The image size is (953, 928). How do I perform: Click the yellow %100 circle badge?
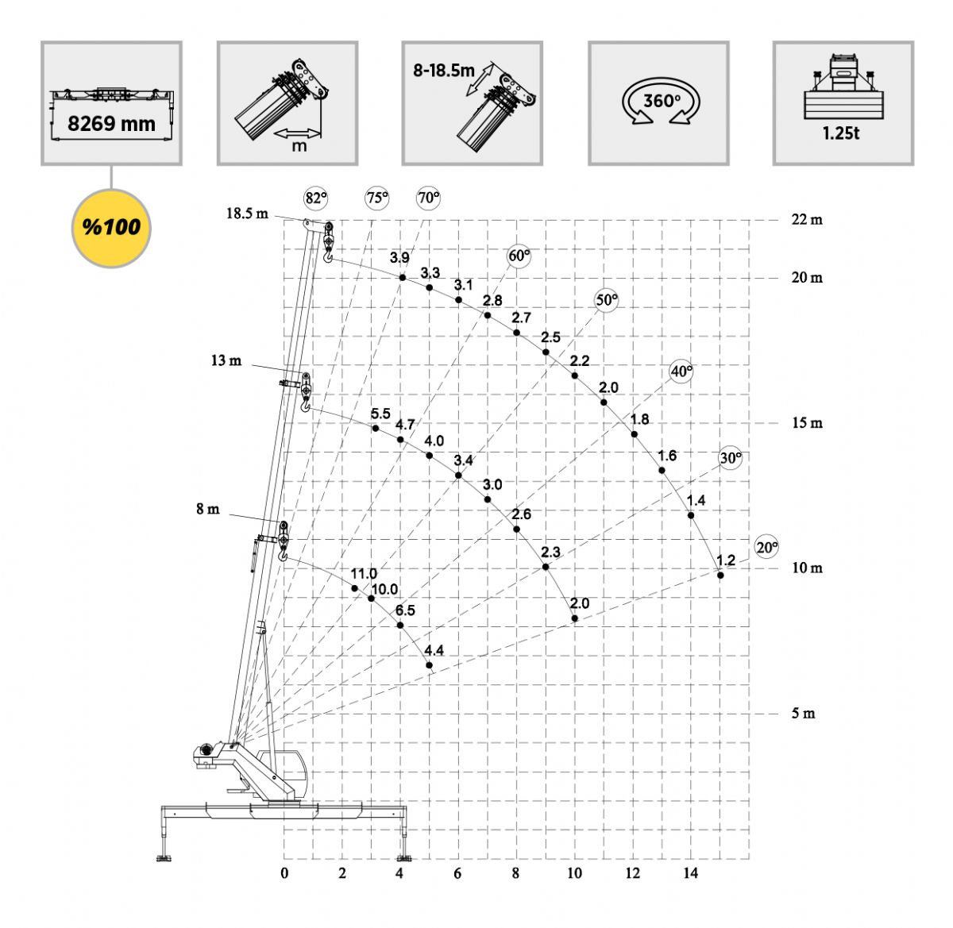pyautogui.click(x=111, y=228)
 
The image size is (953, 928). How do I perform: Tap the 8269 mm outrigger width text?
pyautogui.click(x=111, y=124)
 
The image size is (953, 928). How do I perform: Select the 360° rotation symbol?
pyautogui.click(x=661, y=102)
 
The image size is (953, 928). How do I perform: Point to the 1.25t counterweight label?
pyautogui.click(x=840, y=133)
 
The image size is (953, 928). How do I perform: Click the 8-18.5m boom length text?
pyautogui.click(x=444, y=71)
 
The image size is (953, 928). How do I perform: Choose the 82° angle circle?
pyautogui.click(x=316, y=198)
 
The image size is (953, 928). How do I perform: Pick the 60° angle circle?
pyautogui.click(x=519, y=256)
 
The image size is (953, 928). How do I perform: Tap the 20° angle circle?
pyautogui.click(x=767, y=547)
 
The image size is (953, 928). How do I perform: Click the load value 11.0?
pyautogui.click(x=364, y=573)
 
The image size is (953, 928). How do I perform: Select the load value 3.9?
pyautogui.click(x=399, y=257)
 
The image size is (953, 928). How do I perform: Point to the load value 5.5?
pyautogui.click(x=380, y=414)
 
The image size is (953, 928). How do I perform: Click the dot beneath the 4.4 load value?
pyautogui.click(x=430, y=665)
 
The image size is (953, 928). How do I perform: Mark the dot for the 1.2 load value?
pyautogui.click(x=720, y=575)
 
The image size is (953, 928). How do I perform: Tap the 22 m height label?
pyautogui.click(x=807, y=220)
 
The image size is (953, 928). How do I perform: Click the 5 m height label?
pyautogui.click(x=803, y=713)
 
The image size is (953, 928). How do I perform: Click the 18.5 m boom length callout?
pyautogui.click(x=247, y=214)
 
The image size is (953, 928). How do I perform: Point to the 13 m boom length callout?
pyautogui.click(x=226, y=360)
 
